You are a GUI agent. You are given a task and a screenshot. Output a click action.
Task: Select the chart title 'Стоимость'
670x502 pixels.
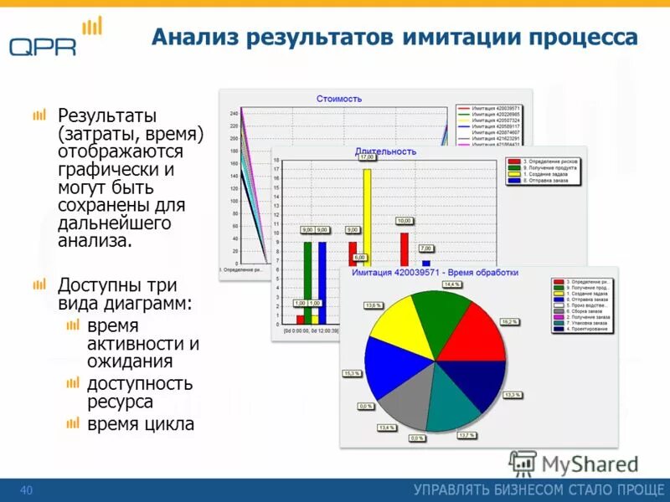[x=339, y=99]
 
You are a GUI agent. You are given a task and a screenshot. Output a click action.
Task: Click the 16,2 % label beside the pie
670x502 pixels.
[x=509, y=321]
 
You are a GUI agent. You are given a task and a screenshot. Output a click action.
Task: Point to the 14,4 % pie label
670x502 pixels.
[x=452, y=285]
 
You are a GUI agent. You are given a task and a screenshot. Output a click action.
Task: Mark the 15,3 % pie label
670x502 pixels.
[x=352, y=373]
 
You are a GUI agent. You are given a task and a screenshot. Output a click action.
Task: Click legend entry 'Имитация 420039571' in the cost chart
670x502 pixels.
[x=496, y=108]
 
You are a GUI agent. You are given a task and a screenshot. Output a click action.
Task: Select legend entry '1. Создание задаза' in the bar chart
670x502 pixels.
[x=545, y=173]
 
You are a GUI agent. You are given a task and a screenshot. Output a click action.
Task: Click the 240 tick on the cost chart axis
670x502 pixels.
[x=234, y=113]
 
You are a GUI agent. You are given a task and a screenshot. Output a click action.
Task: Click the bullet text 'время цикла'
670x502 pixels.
[x=141, y=424]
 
